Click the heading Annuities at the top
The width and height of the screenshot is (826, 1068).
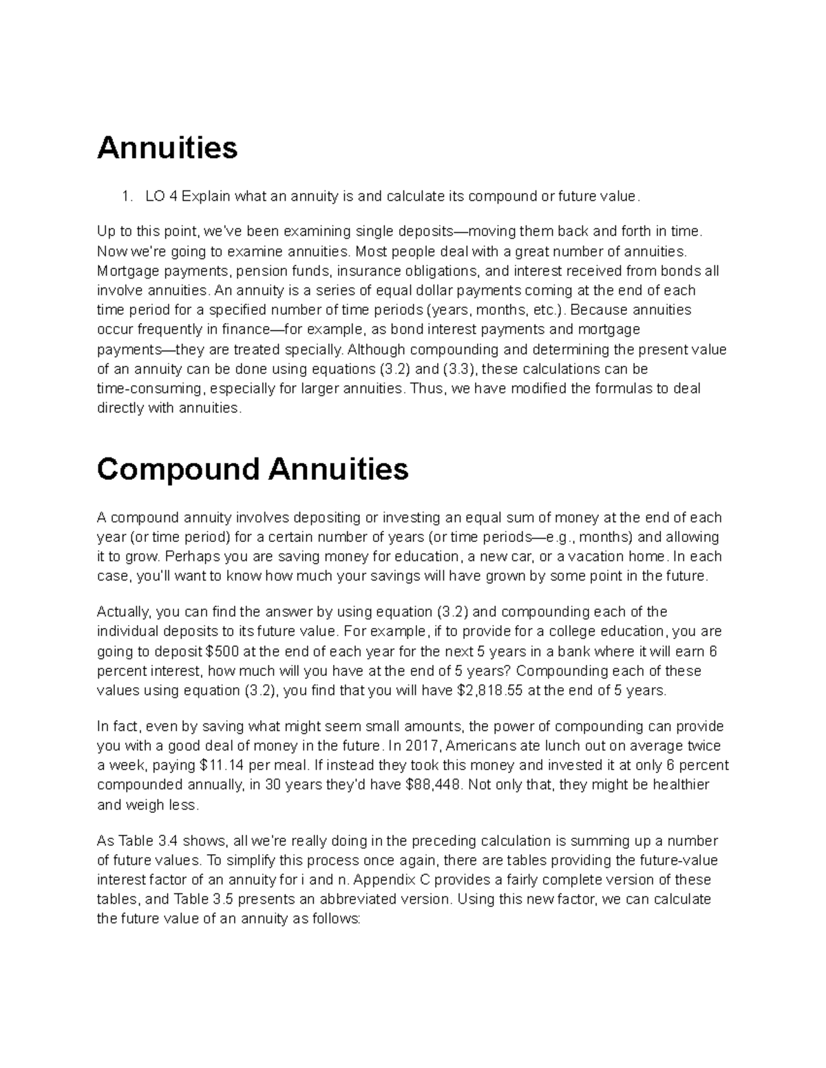point(167,148)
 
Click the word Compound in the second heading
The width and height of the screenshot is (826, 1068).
point(178,470)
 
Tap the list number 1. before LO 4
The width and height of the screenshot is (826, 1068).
point(126,197)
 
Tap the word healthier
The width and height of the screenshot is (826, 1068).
point(681,785)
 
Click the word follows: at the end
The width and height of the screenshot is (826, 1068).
point(336,919)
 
